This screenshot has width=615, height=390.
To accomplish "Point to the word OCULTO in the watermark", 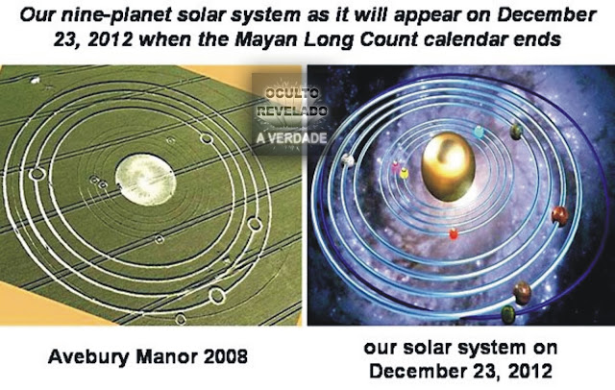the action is pos(292,94).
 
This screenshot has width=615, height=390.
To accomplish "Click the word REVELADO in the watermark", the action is pos(292,110).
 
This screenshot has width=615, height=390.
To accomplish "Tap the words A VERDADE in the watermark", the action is pos(292,138).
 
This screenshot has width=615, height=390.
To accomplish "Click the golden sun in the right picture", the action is pos(448,166).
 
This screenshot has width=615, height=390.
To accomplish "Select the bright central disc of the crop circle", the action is pos(145,180).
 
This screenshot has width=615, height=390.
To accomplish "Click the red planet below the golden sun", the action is pos(454,234).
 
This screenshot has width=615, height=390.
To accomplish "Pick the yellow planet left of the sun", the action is pos(404,173).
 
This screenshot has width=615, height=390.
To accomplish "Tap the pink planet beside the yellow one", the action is pos(395,167).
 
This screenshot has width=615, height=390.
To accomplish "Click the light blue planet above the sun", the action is pos(479,132).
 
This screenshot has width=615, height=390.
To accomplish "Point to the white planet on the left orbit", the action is pos(348,159).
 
